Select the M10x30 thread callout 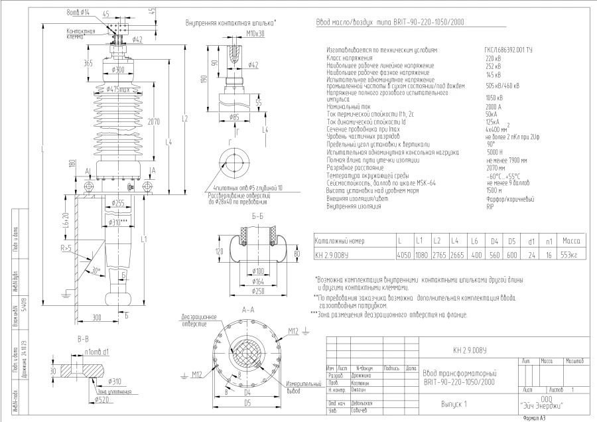[237, 33]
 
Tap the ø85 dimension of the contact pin [234, 117]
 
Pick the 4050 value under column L [399, 254]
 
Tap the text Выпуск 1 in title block [454, 403]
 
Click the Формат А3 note [534, 418]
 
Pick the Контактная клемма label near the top [81, 33]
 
